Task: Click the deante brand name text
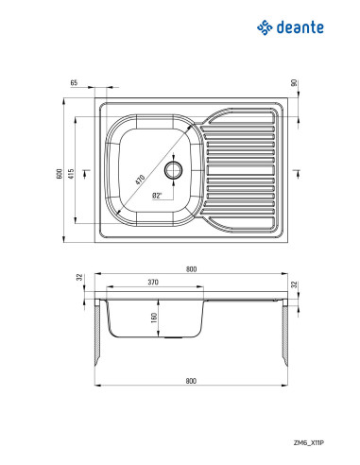tap(300, 27)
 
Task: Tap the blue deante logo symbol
tap(265, 27)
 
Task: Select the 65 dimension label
tap(74, 83)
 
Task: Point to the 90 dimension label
tap(294, 83)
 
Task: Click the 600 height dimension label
tap(59, 174)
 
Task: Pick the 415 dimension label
tap(72, 174)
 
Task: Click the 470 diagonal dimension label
tap(140, 180)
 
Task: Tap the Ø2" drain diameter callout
tap(157, 196)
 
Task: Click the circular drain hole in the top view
tap(173, 170)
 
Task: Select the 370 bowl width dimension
tap(153, 282)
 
